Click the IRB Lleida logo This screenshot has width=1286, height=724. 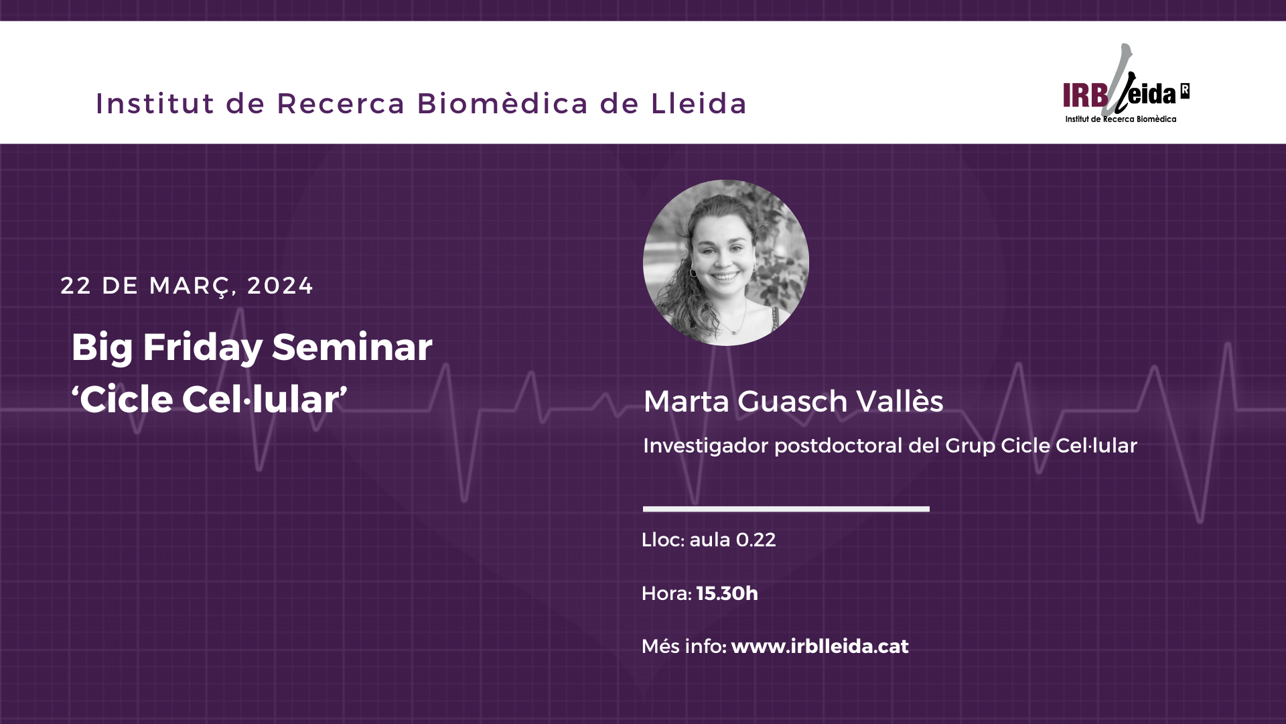point(1126,84)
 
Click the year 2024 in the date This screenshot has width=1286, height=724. point(280,286)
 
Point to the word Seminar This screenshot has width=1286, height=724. point(352,347)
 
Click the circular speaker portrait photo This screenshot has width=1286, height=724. point(726,263)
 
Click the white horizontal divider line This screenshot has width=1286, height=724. point(786,509)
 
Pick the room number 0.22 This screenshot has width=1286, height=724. point(756,540)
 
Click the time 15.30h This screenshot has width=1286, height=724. point(727,593)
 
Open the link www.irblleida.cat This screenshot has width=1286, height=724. point(820,646)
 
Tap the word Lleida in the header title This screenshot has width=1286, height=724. point(699,103)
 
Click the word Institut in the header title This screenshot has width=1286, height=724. point(155,103)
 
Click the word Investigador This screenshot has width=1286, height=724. point(706,446)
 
